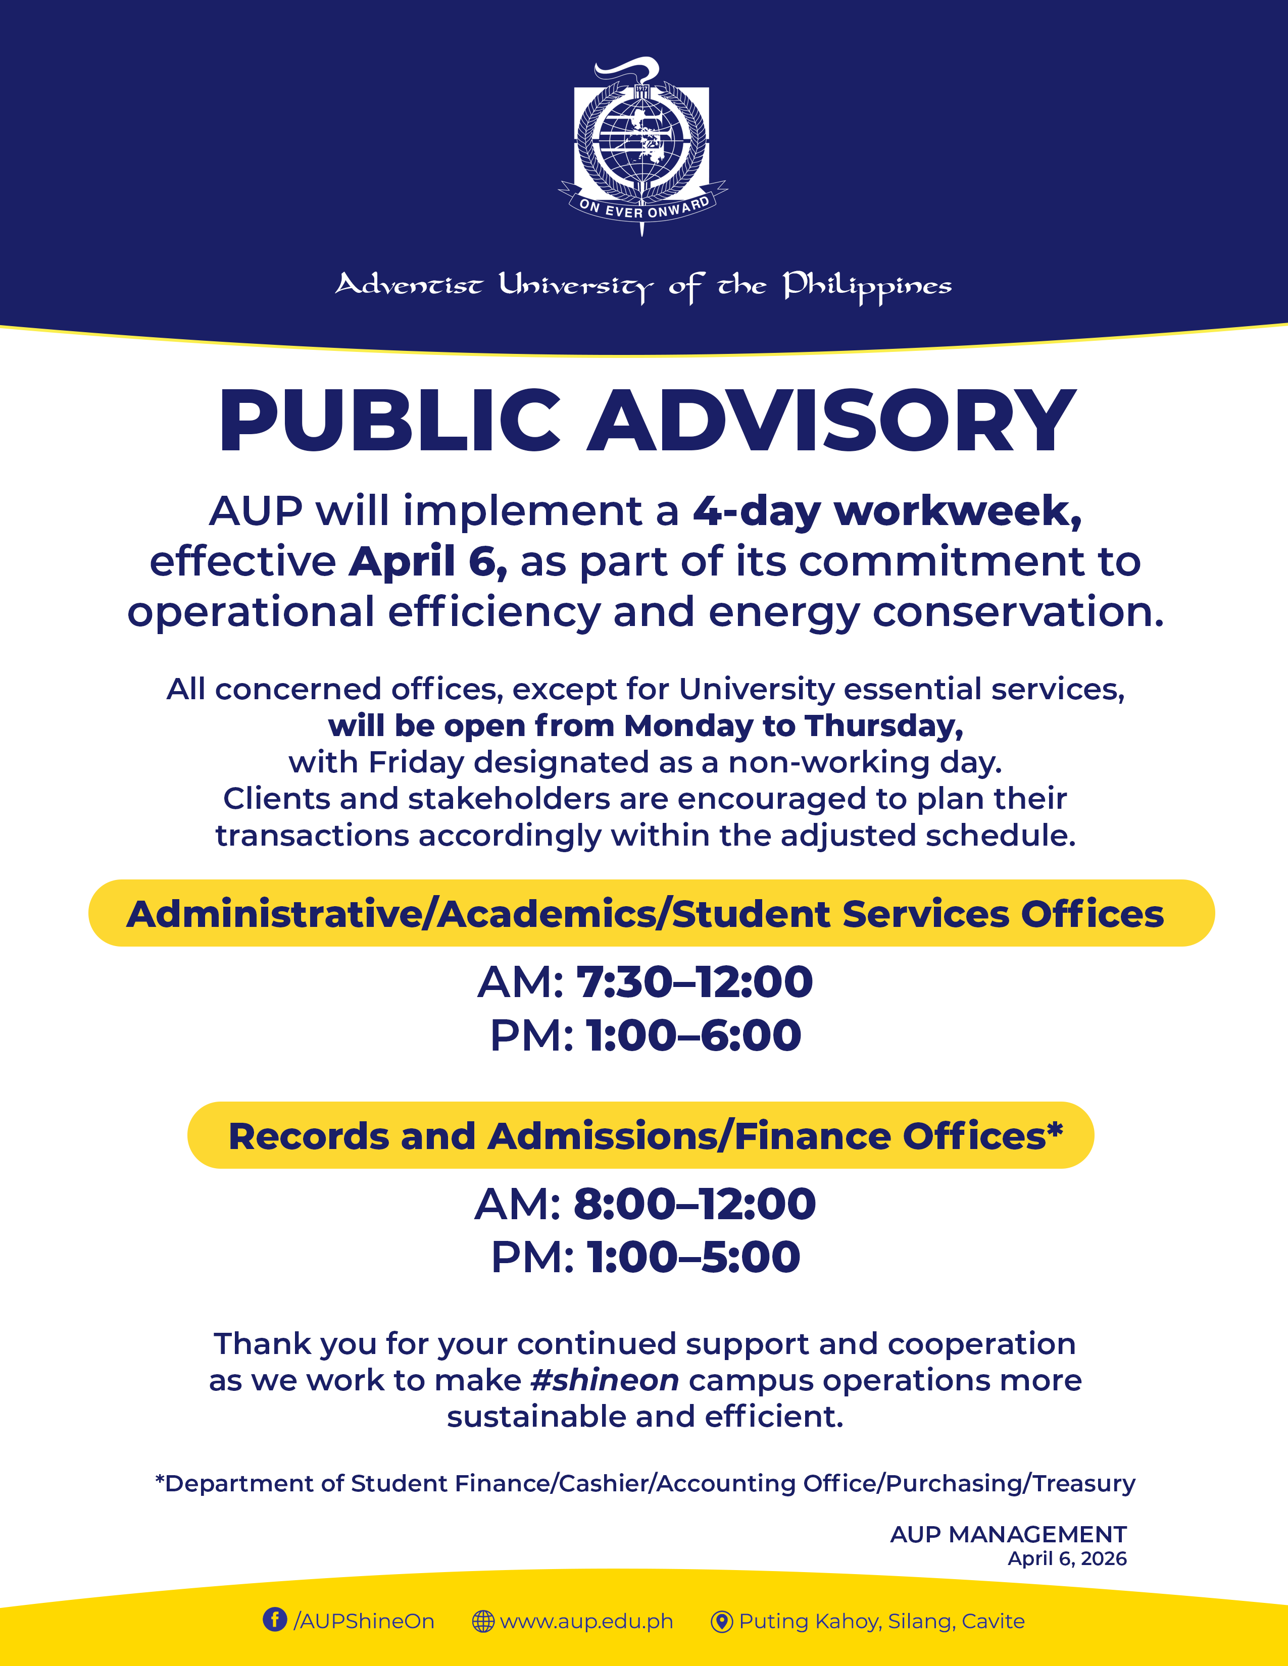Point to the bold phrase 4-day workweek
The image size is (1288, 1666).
(x=886, y=511)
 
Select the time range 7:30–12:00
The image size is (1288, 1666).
(x=693, y=982)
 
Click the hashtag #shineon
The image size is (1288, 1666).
(x=604, y=1381)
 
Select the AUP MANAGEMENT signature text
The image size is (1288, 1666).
(x=1008, y=1534)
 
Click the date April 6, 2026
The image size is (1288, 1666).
(x=1067, y=1558)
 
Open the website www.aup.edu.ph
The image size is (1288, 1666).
(x=586, y=1621)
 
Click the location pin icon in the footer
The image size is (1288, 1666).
(x=721, y=1621)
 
